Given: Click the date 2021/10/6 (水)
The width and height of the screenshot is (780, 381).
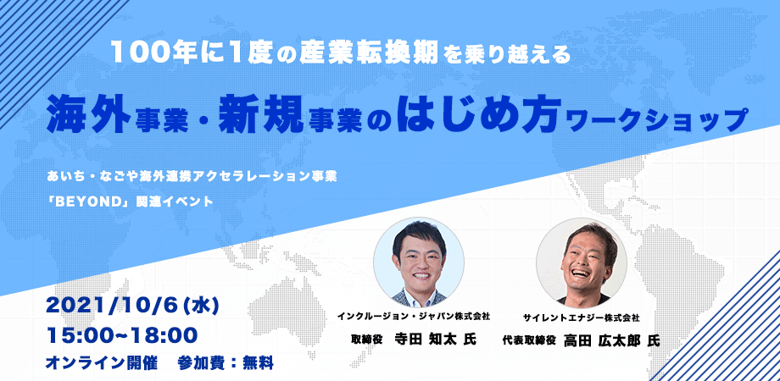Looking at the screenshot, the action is (x=131, y=306).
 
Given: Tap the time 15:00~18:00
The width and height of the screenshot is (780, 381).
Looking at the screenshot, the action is (x=122, y=335).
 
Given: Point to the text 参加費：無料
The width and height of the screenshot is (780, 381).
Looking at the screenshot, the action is (x=226, y=362).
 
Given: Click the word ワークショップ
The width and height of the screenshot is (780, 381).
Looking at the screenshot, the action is (x=656, y=119).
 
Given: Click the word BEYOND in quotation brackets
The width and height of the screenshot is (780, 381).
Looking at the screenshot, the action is (x=91, y=202).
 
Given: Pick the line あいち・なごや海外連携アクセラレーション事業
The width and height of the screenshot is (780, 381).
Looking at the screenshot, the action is (x=192, y=176).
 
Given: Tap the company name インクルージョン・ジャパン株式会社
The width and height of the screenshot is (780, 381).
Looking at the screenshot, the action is (x=414, y=316).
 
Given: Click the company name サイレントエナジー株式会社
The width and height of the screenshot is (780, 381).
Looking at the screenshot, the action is (x=581, y=317).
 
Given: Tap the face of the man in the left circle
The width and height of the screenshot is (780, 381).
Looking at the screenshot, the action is (x=418, y=257).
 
